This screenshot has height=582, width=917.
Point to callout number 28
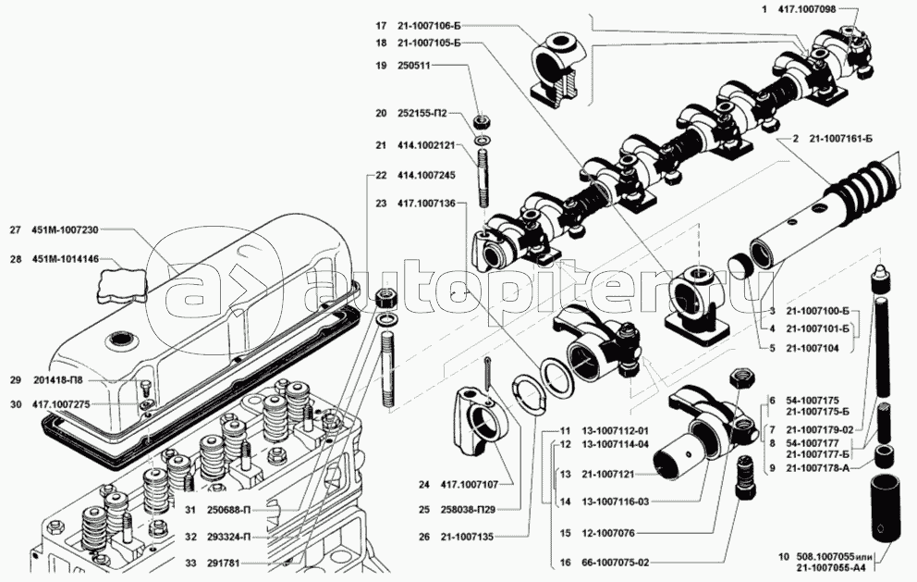(16, 260)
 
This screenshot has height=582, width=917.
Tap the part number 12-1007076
(609, 533)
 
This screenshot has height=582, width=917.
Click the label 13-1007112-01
(617, 430)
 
